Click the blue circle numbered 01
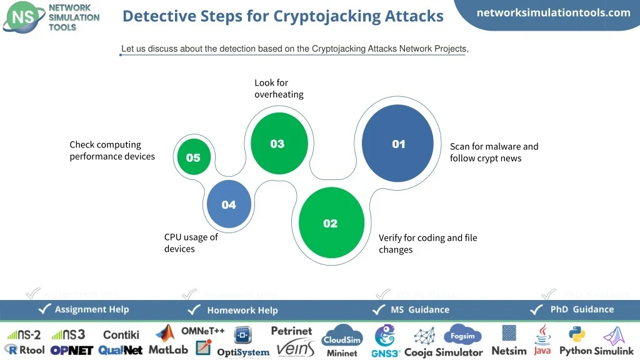(x=398, y=143)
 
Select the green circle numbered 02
(x=331, y=222)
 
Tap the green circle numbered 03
(x=278, y=143)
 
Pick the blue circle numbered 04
(x=229, y=204)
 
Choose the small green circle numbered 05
(x=193, y=157)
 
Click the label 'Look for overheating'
(x=279, y=89)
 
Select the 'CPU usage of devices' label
(x=191, y=243)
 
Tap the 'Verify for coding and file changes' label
(x=427, y=244)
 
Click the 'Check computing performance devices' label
(x=112, y=151)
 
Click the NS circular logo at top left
(x=24, y=17)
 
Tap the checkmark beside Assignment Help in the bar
(x=45, y=309)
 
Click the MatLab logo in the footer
(x=167, y=341)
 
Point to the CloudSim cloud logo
(x=342, y=338)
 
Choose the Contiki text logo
(x=121, y=335)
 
